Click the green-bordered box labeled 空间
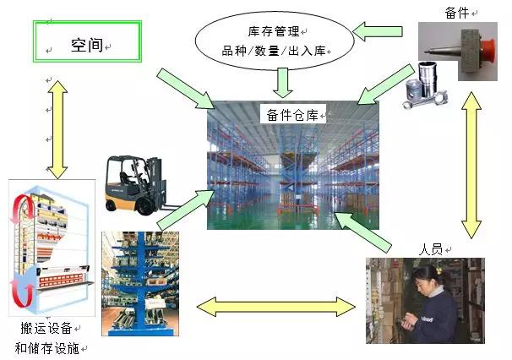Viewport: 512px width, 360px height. [86, 43]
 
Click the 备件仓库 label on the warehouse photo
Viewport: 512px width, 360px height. [291, 116]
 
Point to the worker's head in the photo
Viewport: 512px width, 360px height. [425, 275]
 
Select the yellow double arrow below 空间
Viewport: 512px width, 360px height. [55, 127]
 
